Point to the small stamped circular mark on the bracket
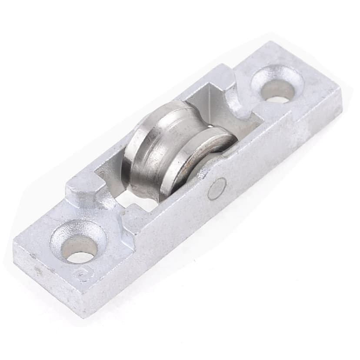tap(80, 275)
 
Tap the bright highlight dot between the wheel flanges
tap(210, 127)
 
